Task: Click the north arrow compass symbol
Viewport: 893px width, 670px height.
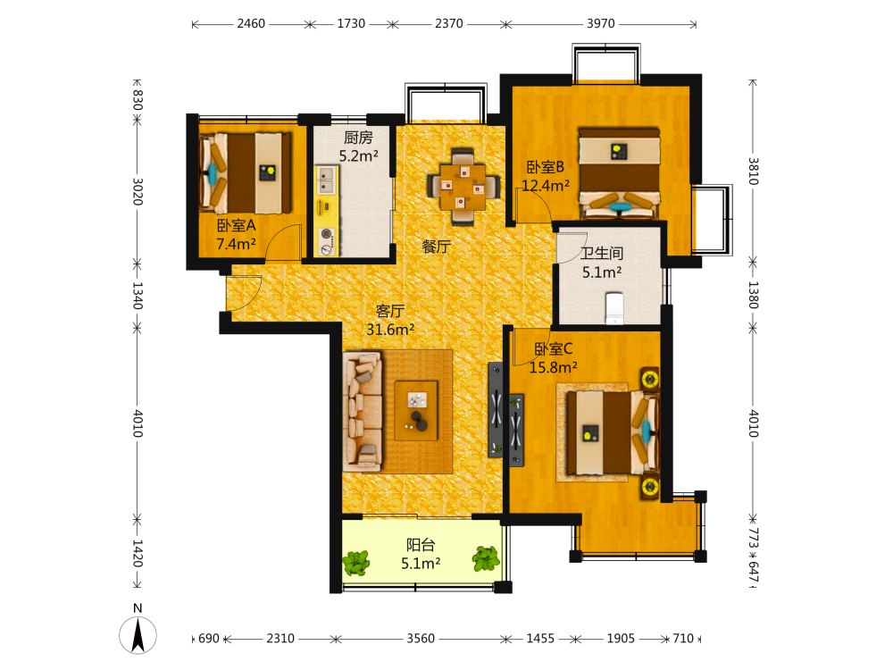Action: (138, 634)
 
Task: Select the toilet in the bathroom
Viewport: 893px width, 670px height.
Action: (614, 308)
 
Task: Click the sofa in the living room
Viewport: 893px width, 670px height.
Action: (363, 411)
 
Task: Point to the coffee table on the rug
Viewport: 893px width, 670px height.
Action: (416, 410)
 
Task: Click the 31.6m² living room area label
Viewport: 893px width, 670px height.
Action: (390, 330)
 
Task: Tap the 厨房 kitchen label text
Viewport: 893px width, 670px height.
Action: (358, 138)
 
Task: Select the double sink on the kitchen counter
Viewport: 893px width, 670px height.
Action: (326, 180)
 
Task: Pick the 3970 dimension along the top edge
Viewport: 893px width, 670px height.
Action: (601, 23)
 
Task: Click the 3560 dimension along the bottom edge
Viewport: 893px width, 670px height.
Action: (421, 638)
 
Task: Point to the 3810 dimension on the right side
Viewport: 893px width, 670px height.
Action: (753, 171)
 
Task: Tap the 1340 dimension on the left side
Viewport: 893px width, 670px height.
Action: (138, 295)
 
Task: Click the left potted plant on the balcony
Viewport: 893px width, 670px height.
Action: (356, 563)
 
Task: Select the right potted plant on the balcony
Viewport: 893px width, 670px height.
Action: (487, 558)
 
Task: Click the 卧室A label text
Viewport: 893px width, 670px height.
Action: (237, 226)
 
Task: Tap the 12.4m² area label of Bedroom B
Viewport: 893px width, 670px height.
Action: (546, 185)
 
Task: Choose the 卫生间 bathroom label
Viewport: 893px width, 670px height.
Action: (601, 253)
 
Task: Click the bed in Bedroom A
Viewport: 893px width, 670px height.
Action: (245, 173)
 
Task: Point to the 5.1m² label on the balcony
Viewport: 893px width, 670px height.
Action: (421, 564)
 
